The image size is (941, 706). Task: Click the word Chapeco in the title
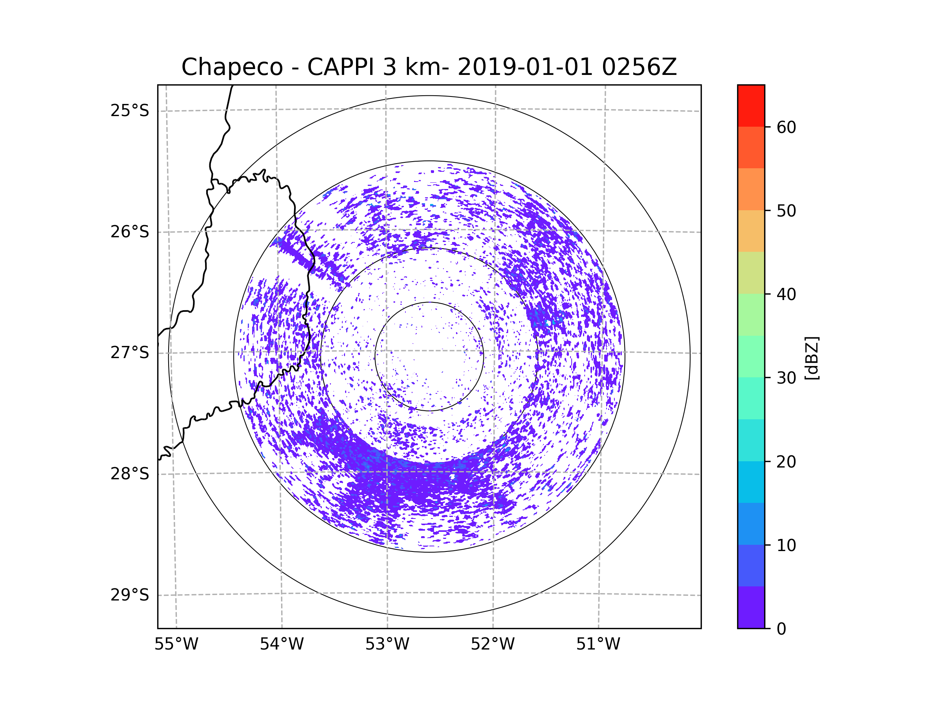[232, 67]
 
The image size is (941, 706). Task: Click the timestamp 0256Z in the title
[639, 67]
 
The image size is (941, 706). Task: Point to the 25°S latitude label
[130, 111]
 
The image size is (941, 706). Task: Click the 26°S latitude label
[130, 232]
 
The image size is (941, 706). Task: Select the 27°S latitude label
[130, 353]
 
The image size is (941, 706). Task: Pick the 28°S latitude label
[130, 474]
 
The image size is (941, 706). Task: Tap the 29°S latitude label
[130, 595]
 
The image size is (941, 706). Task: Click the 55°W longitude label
[176, 644]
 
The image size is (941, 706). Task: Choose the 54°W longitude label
[282, 644]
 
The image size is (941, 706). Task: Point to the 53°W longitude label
[387, 644]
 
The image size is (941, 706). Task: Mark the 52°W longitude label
[492, 644]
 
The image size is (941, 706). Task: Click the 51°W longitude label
[598, 644]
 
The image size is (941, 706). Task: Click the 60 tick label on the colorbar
[786, 127]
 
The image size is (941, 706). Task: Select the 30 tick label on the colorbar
[786, 378]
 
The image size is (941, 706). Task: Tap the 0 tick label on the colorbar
[781, 629]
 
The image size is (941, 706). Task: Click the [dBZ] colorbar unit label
[812, 358]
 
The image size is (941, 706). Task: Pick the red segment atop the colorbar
[751, 106]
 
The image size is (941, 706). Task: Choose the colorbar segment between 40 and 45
[751, 273]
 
